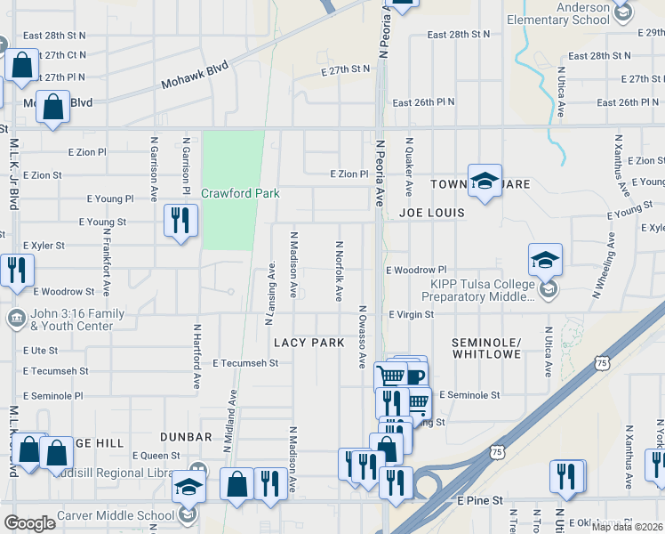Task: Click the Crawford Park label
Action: (x=240, y=193)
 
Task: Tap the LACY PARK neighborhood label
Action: (x=308, y=343)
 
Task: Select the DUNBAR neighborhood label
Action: (x=186, y=437)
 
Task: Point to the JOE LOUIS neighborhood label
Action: (x=432, y=213)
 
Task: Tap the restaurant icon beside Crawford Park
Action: (x=180, y=221)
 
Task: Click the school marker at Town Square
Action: (x=485, y=182)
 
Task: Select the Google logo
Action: (x=30, y=523)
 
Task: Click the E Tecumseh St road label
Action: (x=245, y=363)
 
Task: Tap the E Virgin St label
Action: (x=411, y=314)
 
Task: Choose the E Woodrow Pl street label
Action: (x=415, y=269)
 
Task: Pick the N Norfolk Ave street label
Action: (x=340, y=271)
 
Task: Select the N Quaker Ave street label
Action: (x=410, y=166)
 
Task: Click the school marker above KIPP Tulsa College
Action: (x=545, y=260)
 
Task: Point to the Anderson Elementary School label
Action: (x=558, y=13)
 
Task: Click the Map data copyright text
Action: (x=627, y=527)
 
